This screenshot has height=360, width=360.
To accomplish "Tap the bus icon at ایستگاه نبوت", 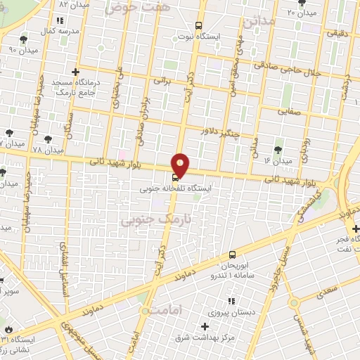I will click(198, 23).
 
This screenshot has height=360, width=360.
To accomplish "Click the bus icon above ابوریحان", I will click(232, 255).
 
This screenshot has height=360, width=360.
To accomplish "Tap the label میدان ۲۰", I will click(303, 13).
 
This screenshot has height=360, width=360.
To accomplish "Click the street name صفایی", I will click(288, 110).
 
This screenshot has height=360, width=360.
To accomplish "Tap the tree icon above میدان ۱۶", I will click(278, 149).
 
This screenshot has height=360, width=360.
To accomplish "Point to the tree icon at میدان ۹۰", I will click(26, 39).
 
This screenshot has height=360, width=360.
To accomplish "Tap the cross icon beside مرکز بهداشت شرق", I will click(205, 326).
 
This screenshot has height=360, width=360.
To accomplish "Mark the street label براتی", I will click(162, 82).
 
